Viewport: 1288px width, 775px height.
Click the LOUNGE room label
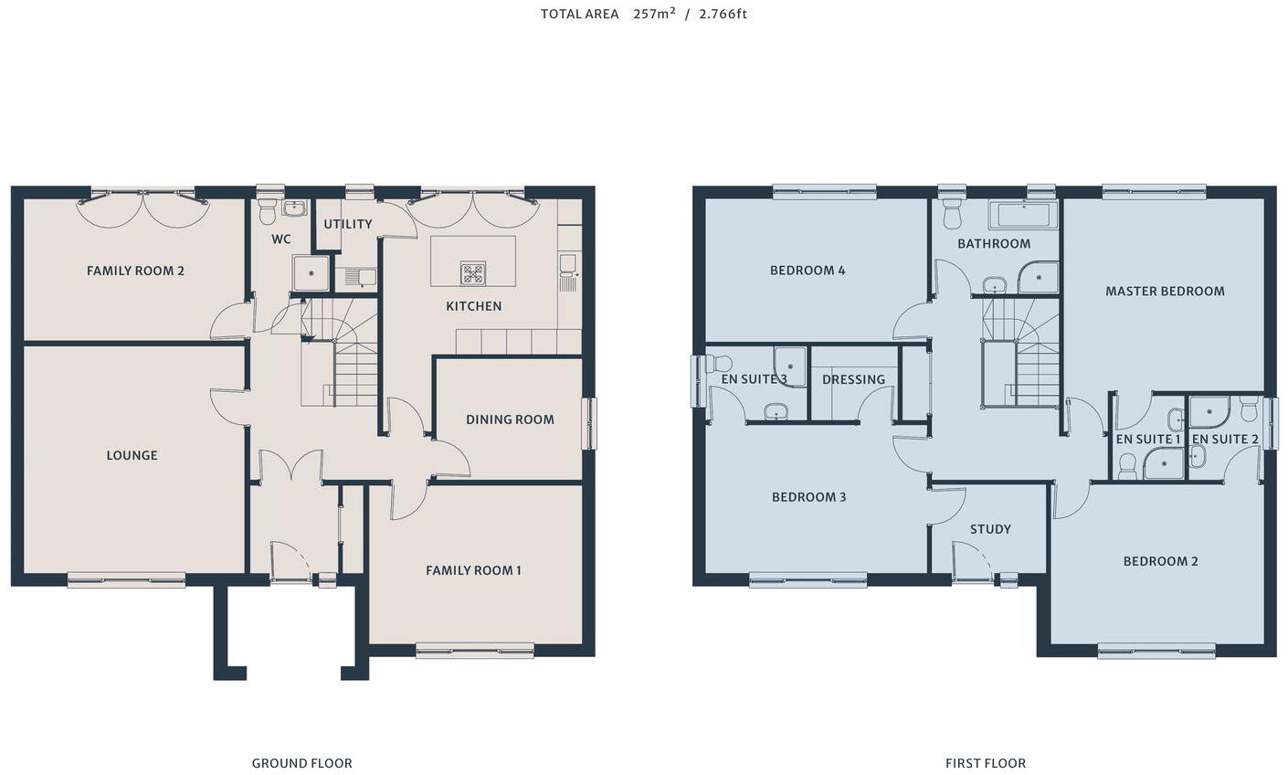pyautogui.click(x=132, y=455)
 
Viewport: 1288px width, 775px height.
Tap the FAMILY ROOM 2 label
pyautogui.click(x=135, y=271)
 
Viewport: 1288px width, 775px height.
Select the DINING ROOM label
pyautogui.click(x=510, y=419)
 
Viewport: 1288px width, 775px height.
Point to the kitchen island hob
pyautogui.click(x=472, y=272)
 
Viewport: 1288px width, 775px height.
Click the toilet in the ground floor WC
pyautogui.click(x=268, y=212)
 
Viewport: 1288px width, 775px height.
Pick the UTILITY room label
pyautogui.click(x=348, y=224)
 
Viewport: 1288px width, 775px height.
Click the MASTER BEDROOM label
pyautogui.click(x=1165, y=292)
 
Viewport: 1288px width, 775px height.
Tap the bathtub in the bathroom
pyautogui.click(x=1023, y=216)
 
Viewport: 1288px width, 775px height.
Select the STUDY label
pyautogui.click(x=990, y=529)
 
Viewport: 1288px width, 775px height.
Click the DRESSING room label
pyautogui.click(x=853, y=379)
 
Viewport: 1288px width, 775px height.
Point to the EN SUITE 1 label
pyautogui.click(x=1148, y=440)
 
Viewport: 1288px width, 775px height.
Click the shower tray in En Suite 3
pyautogui.click(x=790, y=366)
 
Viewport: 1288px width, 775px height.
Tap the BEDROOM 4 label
pyautogui.click(x=808, y=271)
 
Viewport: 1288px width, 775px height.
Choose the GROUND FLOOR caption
pyautogui.click(x=301, y=763)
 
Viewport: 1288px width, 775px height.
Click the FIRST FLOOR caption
pyautogui.click(x=986, y=763)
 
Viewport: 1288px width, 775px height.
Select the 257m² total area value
pyautogui.click(x=654, y=14)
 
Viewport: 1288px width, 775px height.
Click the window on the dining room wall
pyautogui.click(x=590, y=423)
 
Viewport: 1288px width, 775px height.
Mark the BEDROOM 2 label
pyautogui.click(x=1160, y=561)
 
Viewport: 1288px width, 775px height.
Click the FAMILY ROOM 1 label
pyautogui.click(x=473, y=570)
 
